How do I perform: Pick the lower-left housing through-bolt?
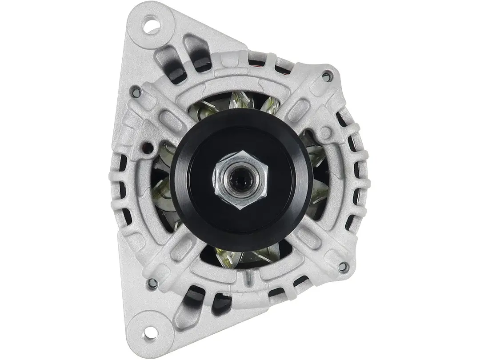coord(152,282)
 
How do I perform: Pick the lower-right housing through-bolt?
coord(342,267)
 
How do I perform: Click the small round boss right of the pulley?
coord(326,132)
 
